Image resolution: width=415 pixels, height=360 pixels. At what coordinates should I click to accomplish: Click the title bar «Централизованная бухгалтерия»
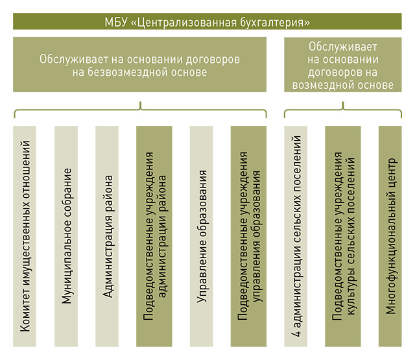[x=207, y=21]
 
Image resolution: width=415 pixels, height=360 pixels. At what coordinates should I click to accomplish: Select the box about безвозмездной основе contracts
[x=140, y=65]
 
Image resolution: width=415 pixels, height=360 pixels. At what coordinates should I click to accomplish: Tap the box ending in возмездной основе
[x=343, y=65]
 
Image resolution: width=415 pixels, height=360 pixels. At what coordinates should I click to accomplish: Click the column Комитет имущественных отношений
[x=25, y=236]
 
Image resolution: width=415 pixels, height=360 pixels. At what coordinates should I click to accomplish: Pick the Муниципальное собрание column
[x=66, y=236]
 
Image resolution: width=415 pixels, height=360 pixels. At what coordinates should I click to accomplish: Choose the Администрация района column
[x=107, y=236]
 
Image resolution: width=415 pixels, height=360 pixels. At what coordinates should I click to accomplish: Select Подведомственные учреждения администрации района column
[x=154, y=236]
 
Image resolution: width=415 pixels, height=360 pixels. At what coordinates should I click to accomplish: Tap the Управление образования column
[x=202, y=236]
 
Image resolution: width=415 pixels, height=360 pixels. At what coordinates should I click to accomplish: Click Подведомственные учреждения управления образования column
[x=248, y=236]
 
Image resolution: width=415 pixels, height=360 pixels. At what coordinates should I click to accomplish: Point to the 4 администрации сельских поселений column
[x=296, y=236]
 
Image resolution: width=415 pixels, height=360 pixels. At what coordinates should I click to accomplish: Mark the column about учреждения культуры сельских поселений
[x=343, y=236]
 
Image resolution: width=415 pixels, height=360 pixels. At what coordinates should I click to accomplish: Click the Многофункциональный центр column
[x=390, y=236]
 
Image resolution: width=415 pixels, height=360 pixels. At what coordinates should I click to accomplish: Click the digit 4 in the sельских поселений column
[x=296, y=333]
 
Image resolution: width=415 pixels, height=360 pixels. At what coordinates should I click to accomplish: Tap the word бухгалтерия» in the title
[x=275, y=23]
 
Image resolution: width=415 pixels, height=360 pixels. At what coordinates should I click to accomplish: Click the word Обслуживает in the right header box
[x=343, y=47]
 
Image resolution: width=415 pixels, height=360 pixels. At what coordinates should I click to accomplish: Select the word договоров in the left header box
[x=213, y=60]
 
